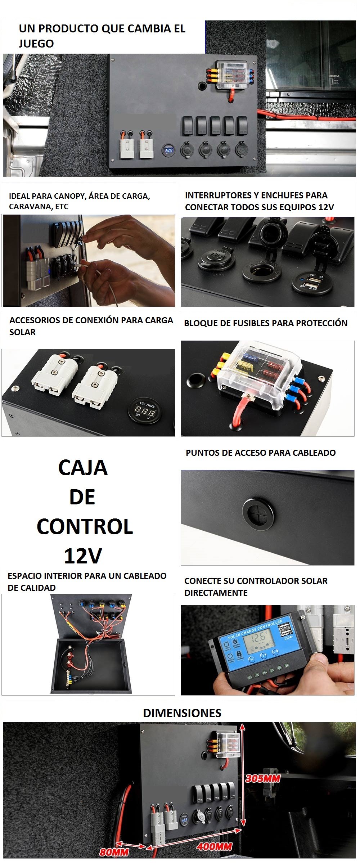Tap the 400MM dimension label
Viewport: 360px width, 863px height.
[x=214, y=846]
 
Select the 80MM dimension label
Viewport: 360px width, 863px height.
[x=114, y=852]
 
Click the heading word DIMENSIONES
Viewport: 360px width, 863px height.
[x=182, y=713]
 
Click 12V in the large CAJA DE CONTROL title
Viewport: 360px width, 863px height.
[x=83, y=556]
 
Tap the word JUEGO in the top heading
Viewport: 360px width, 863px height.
[x=36, y=44]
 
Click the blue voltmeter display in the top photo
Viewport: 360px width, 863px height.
[x=168, y=150]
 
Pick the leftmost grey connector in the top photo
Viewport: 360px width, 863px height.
[x=127, y=147]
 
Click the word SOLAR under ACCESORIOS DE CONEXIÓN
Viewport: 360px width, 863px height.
[x=22, y=332]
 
